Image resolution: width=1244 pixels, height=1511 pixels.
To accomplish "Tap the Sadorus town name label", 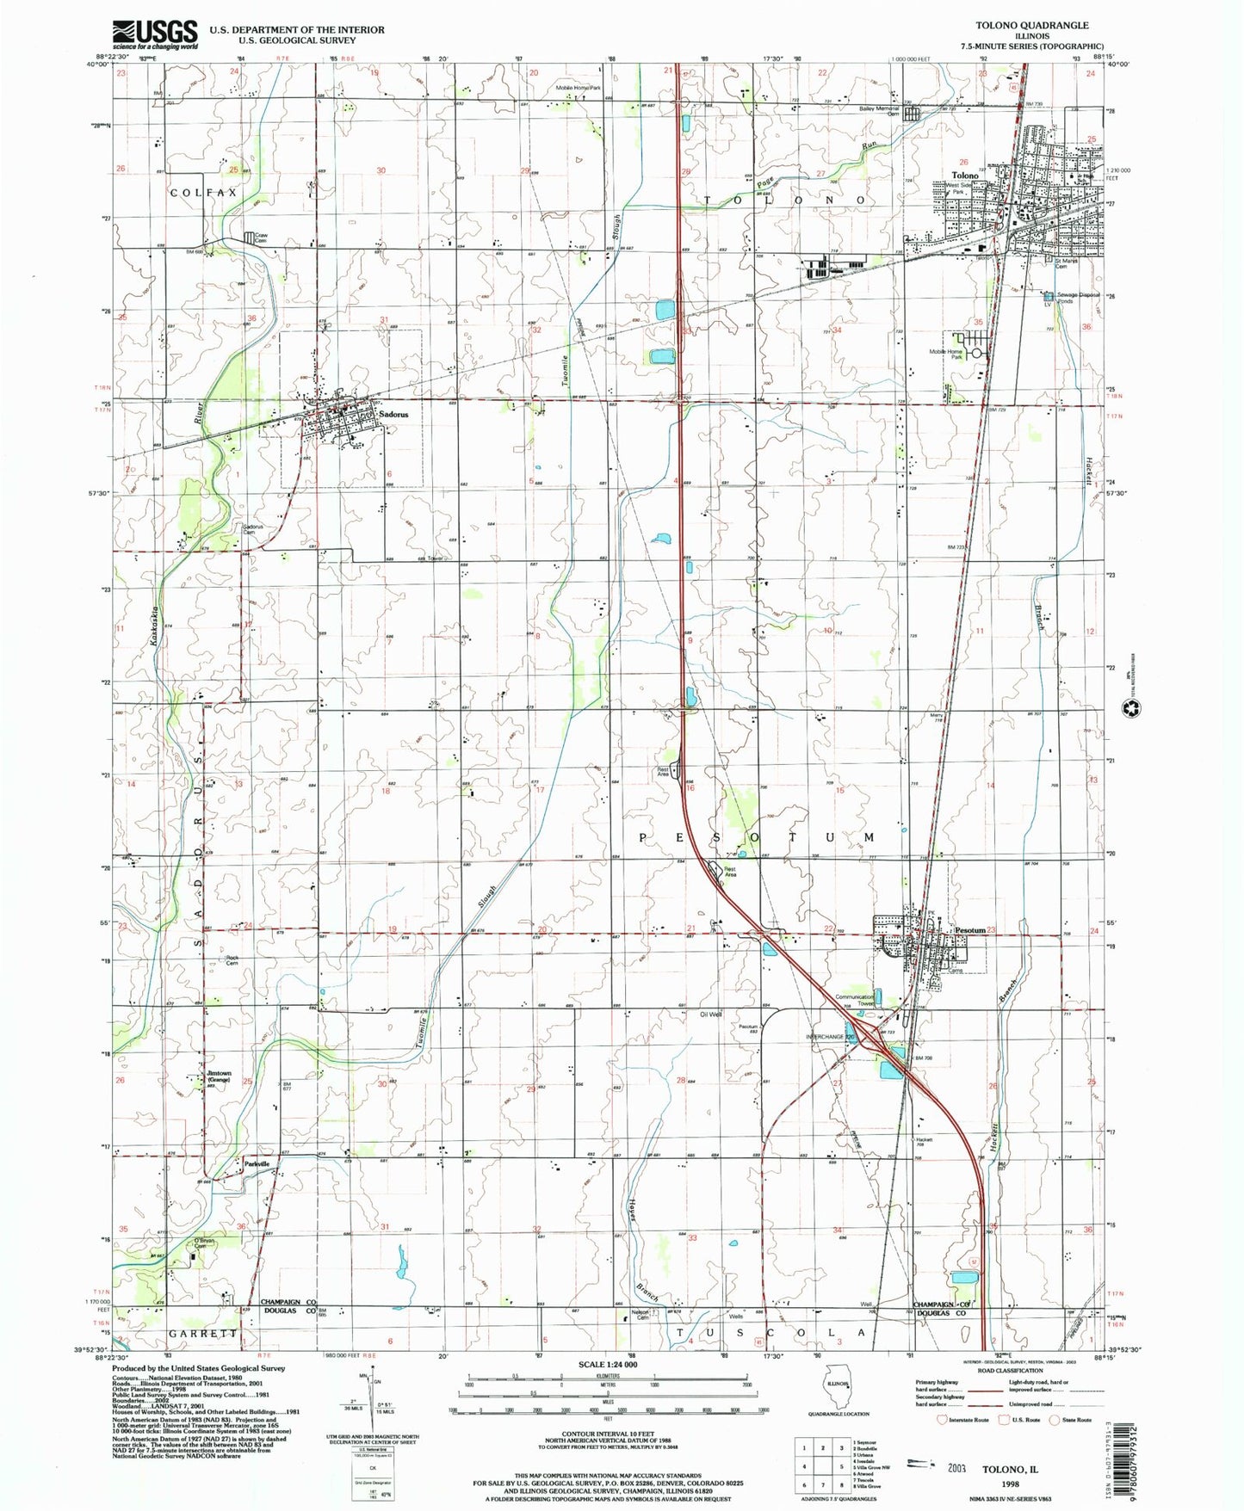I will (393, 414).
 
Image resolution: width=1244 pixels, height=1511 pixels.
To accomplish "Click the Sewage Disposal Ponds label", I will (1077, 298).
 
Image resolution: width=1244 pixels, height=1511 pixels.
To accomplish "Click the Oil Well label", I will (710, 1015).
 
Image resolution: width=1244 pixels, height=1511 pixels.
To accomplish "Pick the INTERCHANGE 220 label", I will (827, 1037).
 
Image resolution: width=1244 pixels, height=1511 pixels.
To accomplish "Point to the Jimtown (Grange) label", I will (218, 1076).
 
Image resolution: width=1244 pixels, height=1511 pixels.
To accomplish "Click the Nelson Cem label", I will (639, 1314).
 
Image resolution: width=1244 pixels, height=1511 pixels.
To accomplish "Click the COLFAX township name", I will (203, 193).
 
